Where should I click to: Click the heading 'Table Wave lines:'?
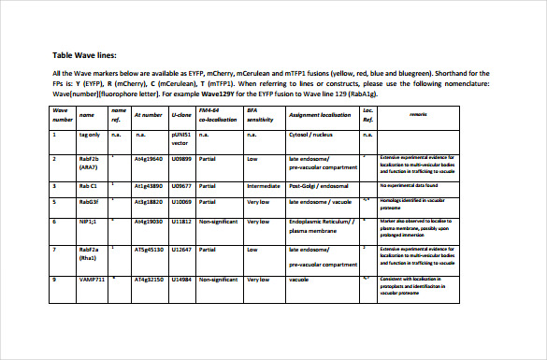[x=84, y=56]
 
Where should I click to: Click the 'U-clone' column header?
[x=180, y=116]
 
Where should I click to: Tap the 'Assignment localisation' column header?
[x=319, y=116]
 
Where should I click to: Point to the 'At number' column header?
[x=148, y=116]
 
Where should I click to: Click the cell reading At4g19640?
[x=150, y=160]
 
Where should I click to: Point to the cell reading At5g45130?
[x=150, y=250]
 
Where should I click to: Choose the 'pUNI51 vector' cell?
[x=182, y=139]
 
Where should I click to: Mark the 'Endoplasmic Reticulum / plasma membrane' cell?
[x=323, y=226]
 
